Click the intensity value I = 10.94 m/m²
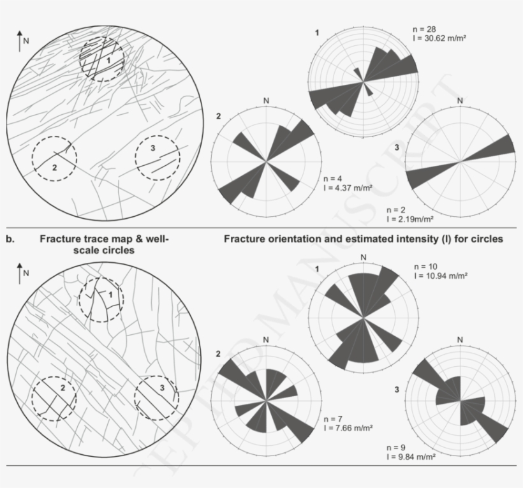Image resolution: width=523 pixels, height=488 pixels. [x=441, y=276]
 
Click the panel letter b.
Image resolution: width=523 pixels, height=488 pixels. [x=10, y=239]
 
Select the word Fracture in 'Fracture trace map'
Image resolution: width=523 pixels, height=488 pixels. [x=62, y=239]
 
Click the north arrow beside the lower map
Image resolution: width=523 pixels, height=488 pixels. [x=20, y=272]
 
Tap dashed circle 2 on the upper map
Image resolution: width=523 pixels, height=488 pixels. [x=54, y=158]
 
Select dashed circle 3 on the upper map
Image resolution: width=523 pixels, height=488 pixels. [x=157, y=158]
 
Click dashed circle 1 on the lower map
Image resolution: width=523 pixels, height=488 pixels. [x=101, y=300]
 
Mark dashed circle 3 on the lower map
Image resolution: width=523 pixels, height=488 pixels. [x=157, y=397]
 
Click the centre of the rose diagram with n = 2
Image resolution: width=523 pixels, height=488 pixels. [x=459, y=162]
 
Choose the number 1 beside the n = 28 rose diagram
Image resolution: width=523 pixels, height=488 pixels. [x=317, y=31]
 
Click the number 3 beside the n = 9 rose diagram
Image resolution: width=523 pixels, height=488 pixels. [x=397, y=388]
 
